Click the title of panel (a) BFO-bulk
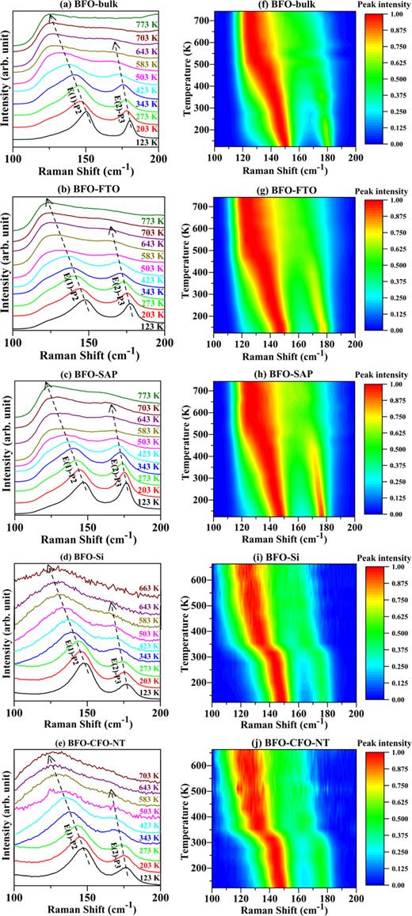(x=86, y=6)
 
